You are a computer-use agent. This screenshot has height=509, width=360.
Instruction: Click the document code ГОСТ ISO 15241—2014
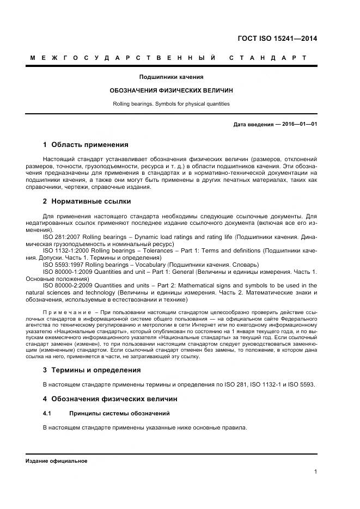(277, 38)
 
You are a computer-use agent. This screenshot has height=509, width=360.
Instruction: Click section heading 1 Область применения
(86, 145)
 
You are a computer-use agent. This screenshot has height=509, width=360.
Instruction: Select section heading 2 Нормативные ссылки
(87, 201)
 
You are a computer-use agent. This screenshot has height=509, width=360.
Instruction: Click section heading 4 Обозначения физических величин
(109, 399)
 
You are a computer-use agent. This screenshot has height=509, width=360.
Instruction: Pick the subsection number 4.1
(47, 414)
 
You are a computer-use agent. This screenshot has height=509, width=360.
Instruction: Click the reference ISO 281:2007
(63, 237)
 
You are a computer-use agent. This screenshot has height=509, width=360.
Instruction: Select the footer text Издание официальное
(57, 461)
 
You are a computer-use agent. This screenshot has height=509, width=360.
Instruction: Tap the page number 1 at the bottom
(316, 472)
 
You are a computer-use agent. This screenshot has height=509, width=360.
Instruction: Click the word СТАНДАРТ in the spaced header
(267, 57)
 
